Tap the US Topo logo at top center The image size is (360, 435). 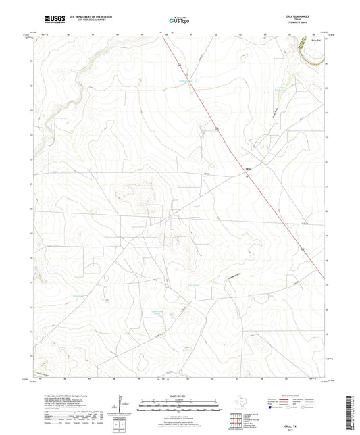179,19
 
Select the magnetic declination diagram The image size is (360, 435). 122,405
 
